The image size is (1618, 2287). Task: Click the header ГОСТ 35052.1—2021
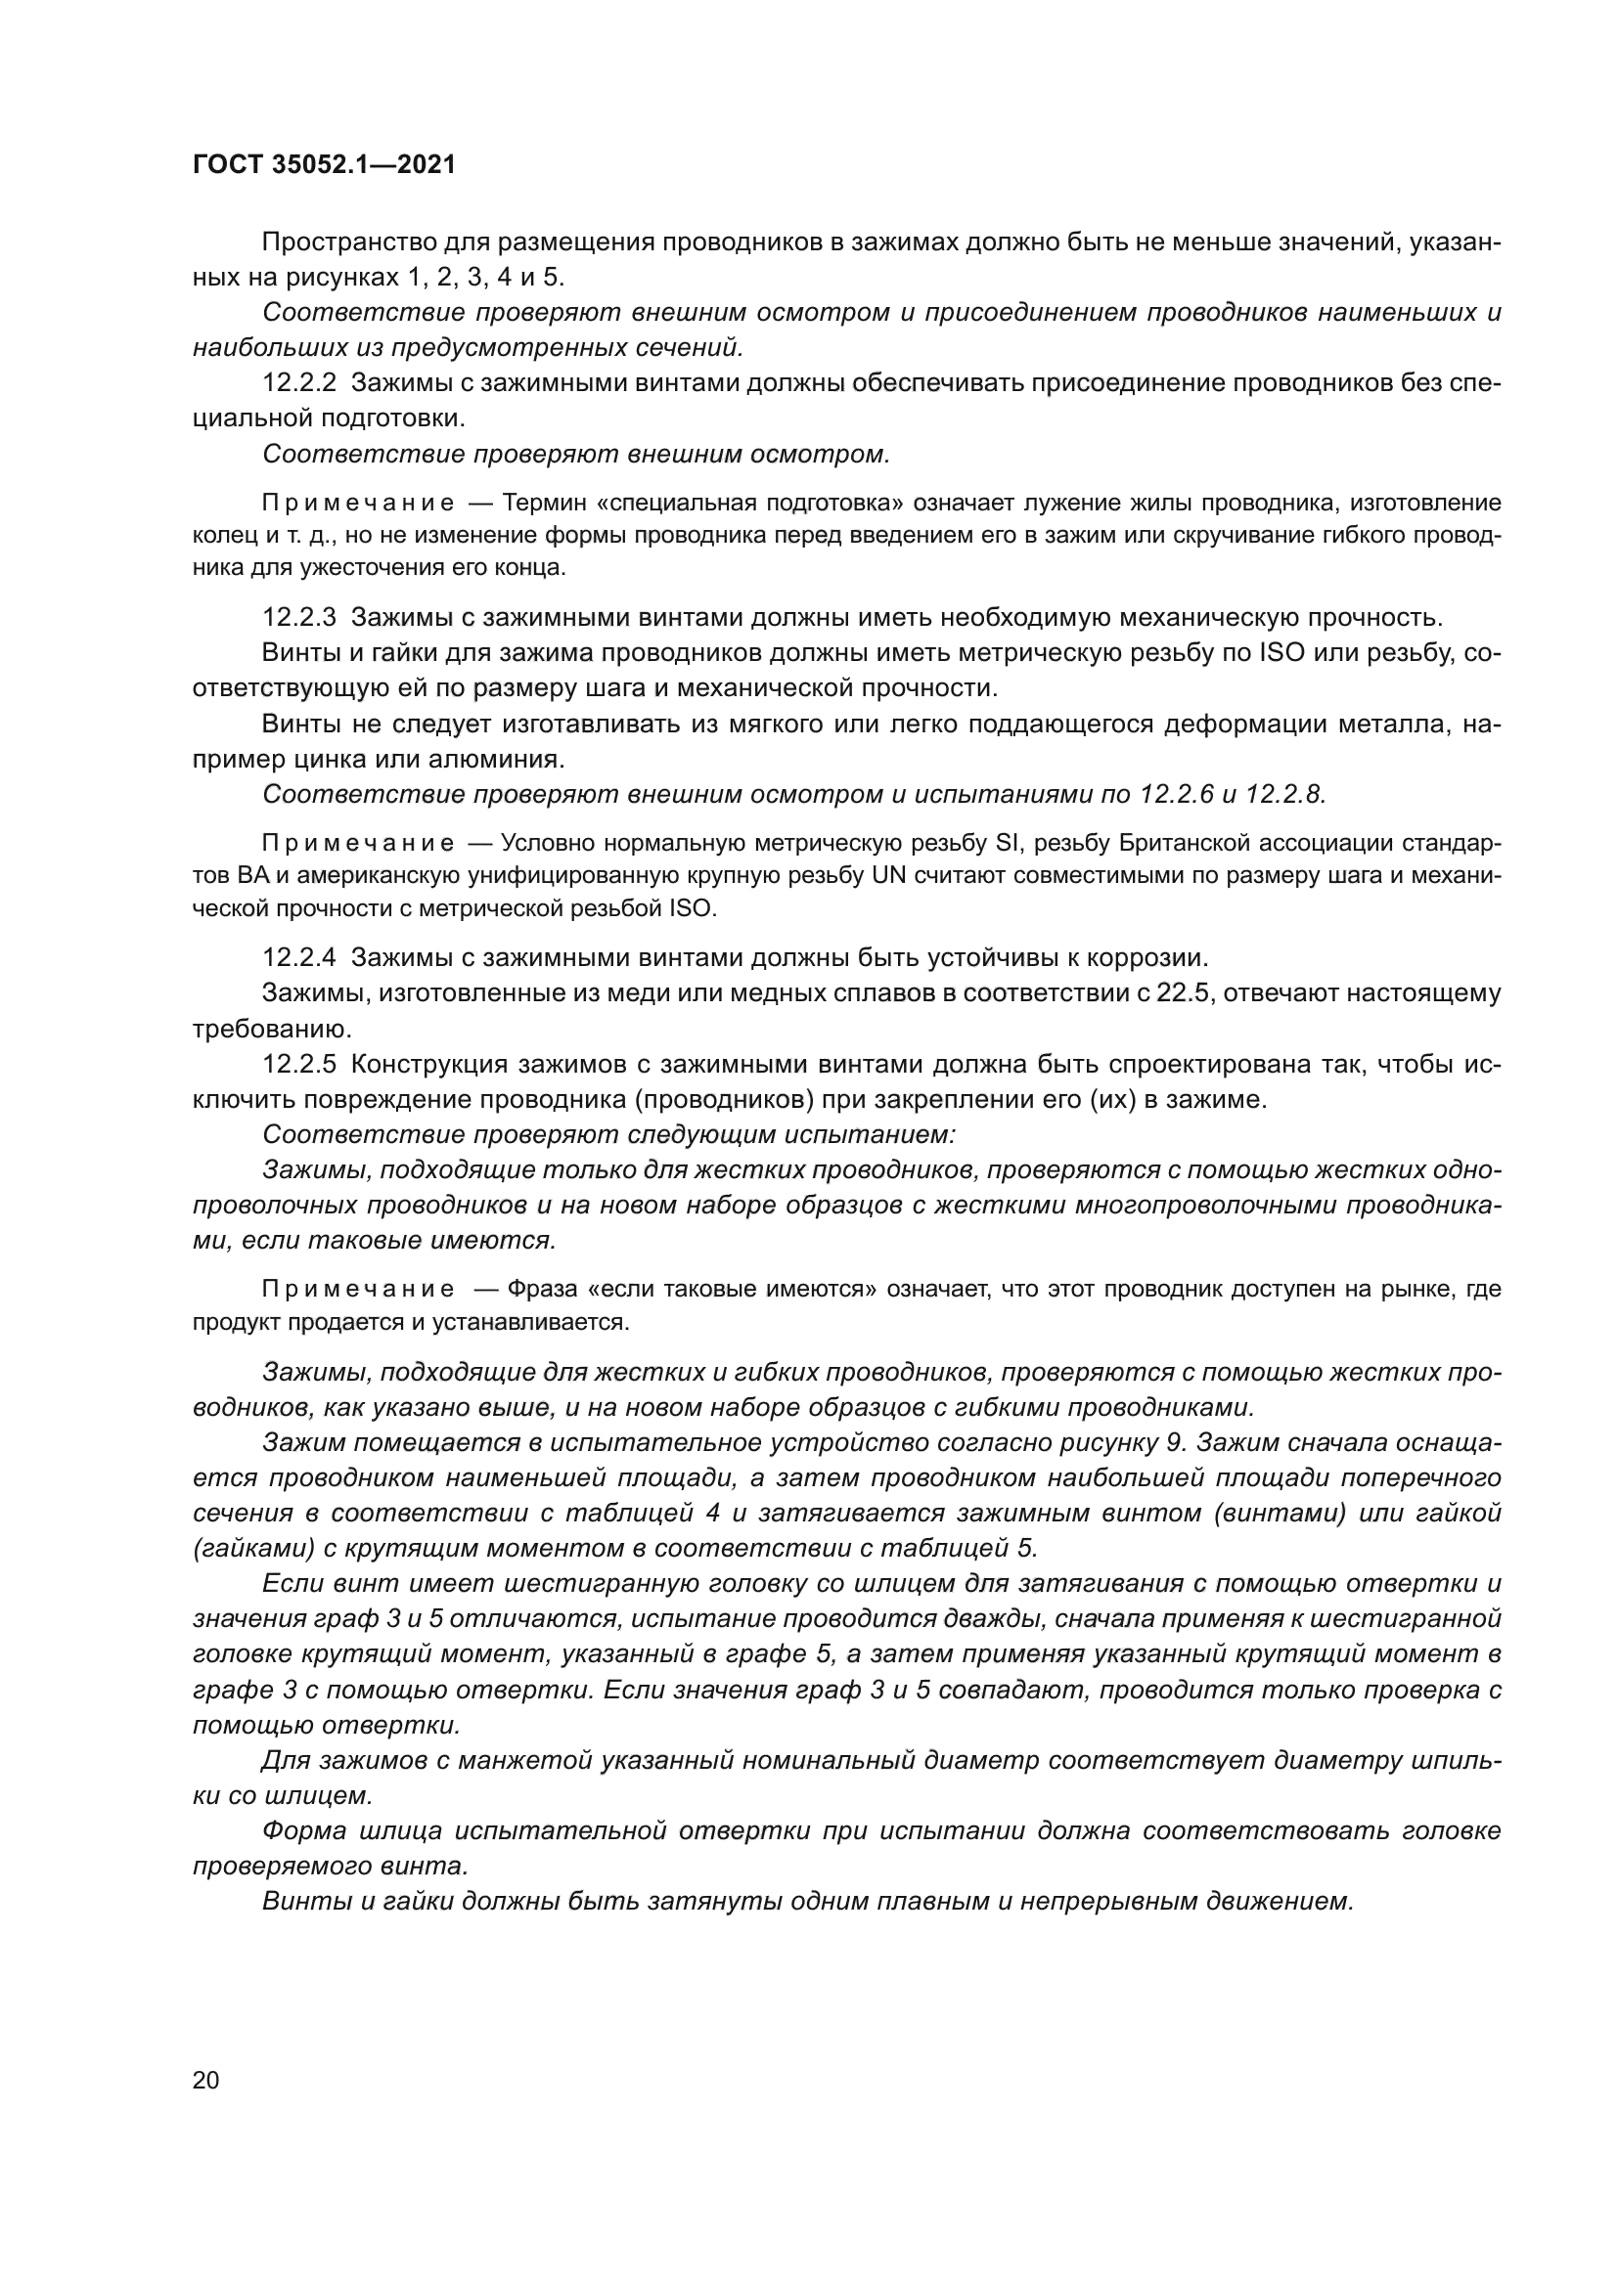pos(324,165)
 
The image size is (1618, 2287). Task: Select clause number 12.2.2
pos(300,382)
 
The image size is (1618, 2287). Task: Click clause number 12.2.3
pos(300,618)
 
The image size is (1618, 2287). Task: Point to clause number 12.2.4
pos(300,958)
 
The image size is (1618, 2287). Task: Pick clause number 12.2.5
pos(300,1065)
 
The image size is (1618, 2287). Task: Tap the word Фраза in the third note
pos(540,1290)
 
